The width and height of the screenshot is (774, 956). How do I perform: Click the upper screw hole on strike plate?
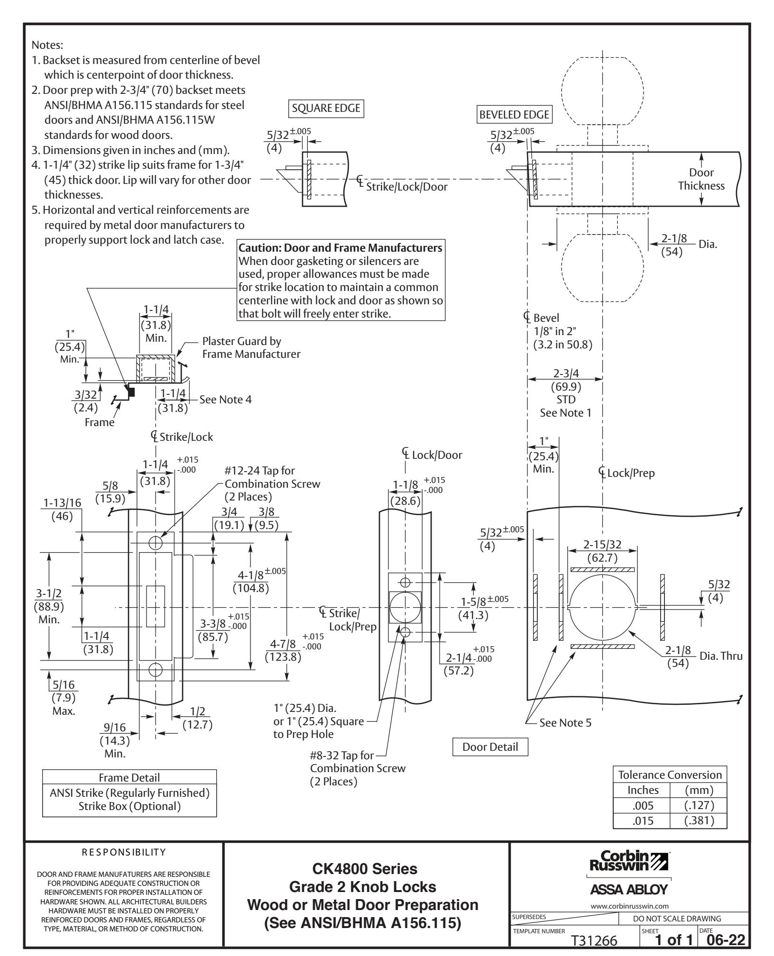(x=156, y=542)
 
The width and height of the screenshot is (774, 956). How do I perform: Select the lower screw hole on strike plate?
(x=156, y=669)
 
